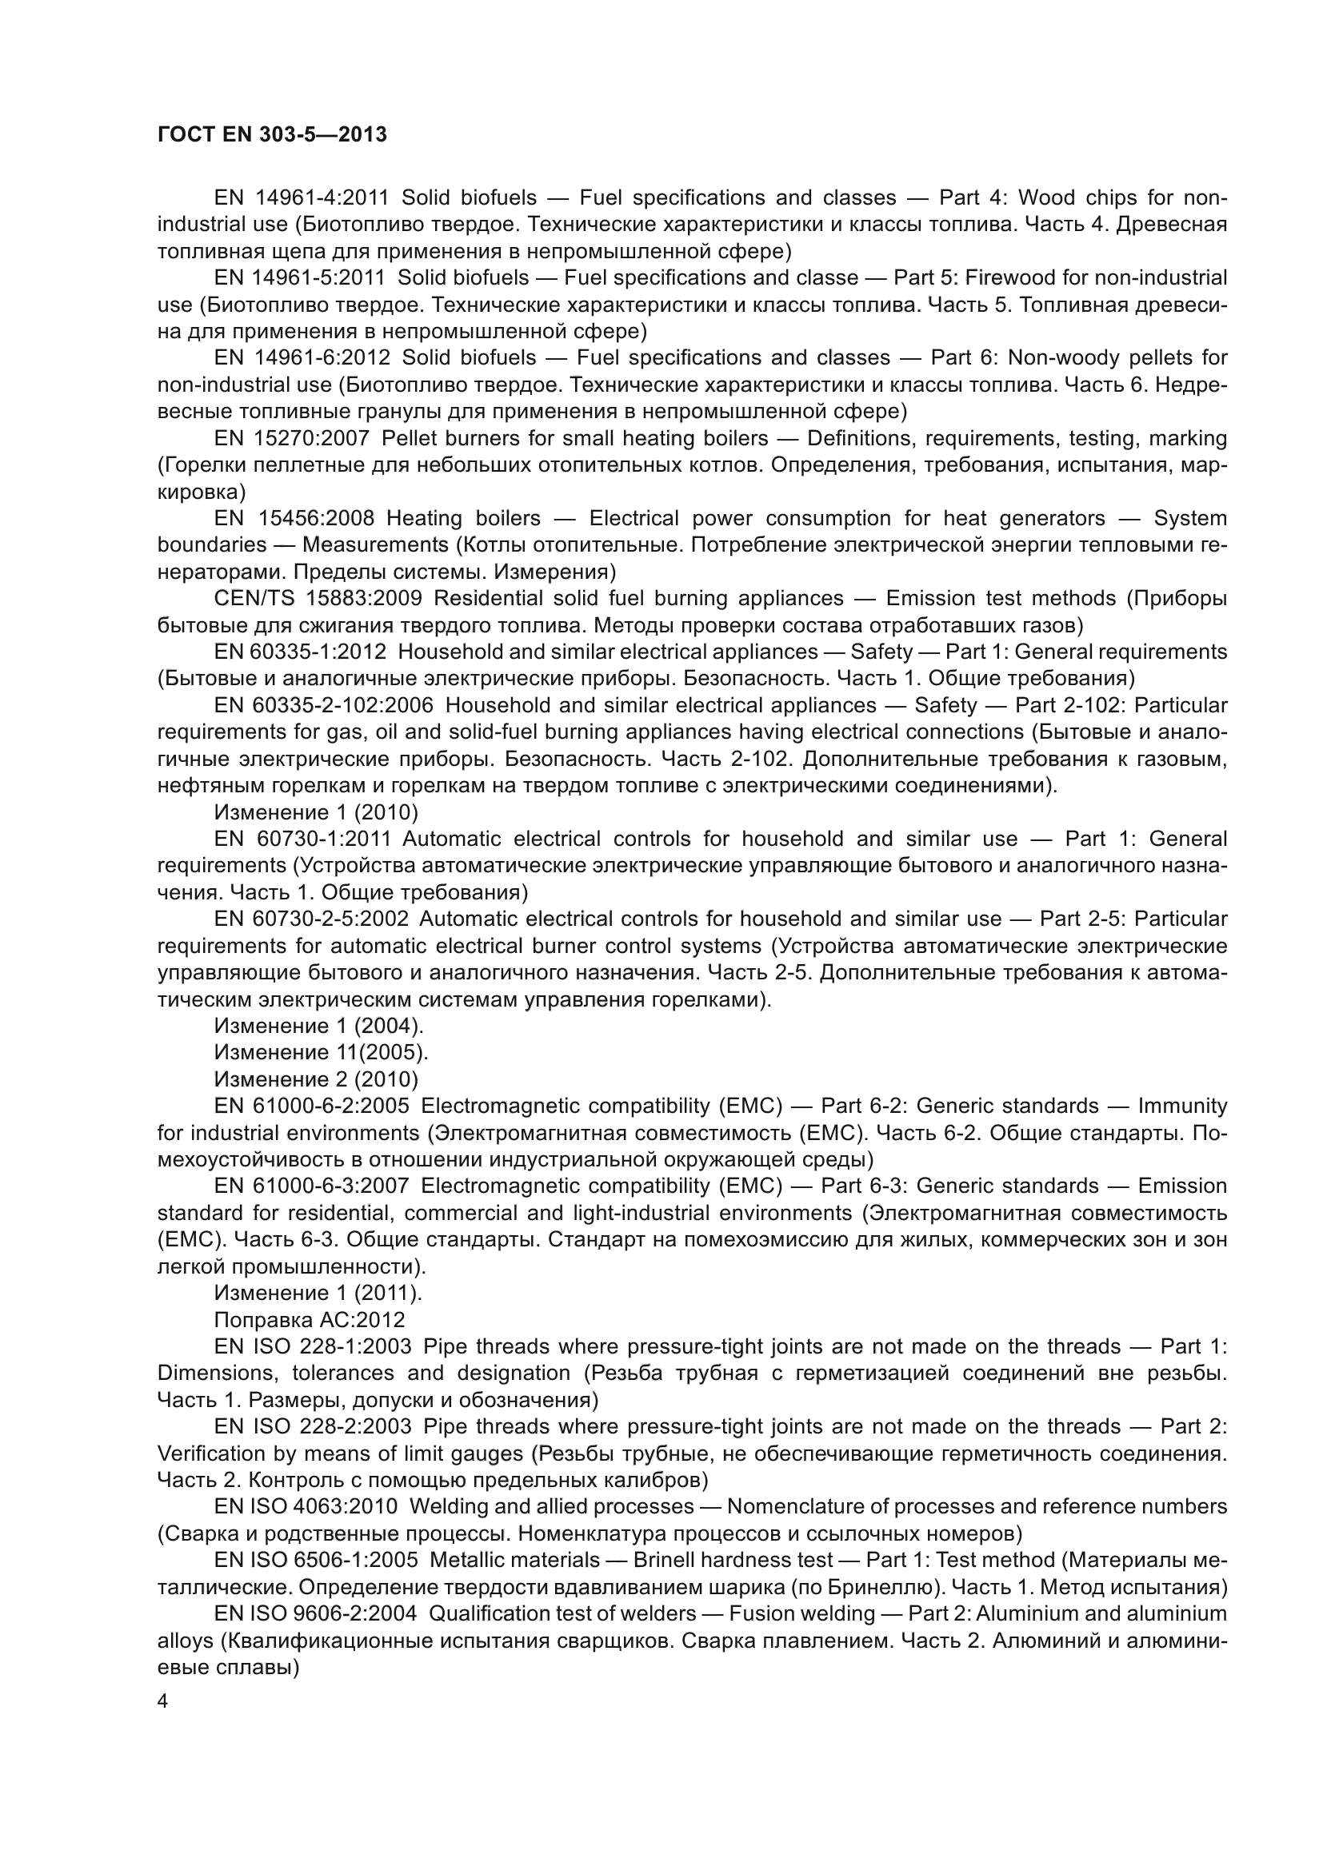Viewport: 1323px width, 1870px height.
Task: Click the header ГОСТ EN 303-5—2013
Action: tap(272, 135)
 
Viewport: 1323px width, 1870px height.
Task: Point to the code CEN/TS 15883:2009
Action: tap(318, 599)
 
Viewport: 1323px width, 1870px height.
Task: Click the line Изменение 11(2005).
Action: tap(321, 1052)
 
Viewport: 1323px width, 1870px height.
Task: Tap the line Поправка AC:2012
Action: tap(310, 1319)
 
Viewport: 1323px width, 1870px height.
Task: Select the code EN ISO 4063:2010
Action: tap(306, 1507)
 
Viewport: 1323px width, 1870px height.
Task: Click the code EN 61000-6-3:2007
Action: tap(312, 1186)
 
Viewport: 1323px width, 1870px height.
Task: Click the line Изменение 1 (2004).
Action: tap(318, 1026)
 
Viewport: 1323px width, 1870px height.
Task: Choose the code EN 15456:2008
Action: tap(294, 519)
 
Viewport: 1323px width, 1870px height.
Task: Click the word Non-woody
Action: tap(1062, 357)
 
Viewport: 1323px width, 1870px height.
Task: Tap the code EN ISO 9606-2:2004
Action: tap(315, 1613)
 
